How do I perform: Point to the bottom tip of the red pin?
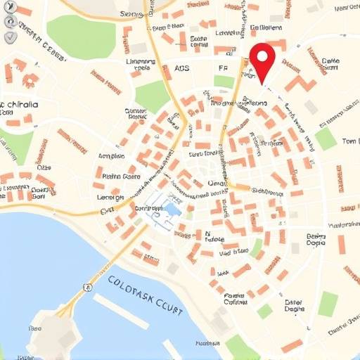pos(264,84)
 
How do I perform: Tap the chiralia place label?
pos(21,105)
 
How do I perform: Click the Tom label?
pos(349,141)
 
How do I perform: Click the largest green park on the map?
pos(81,37)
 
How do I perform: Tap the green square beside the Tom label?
pos(326,139)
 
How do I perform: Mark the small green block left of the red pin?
pos(224,81)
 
